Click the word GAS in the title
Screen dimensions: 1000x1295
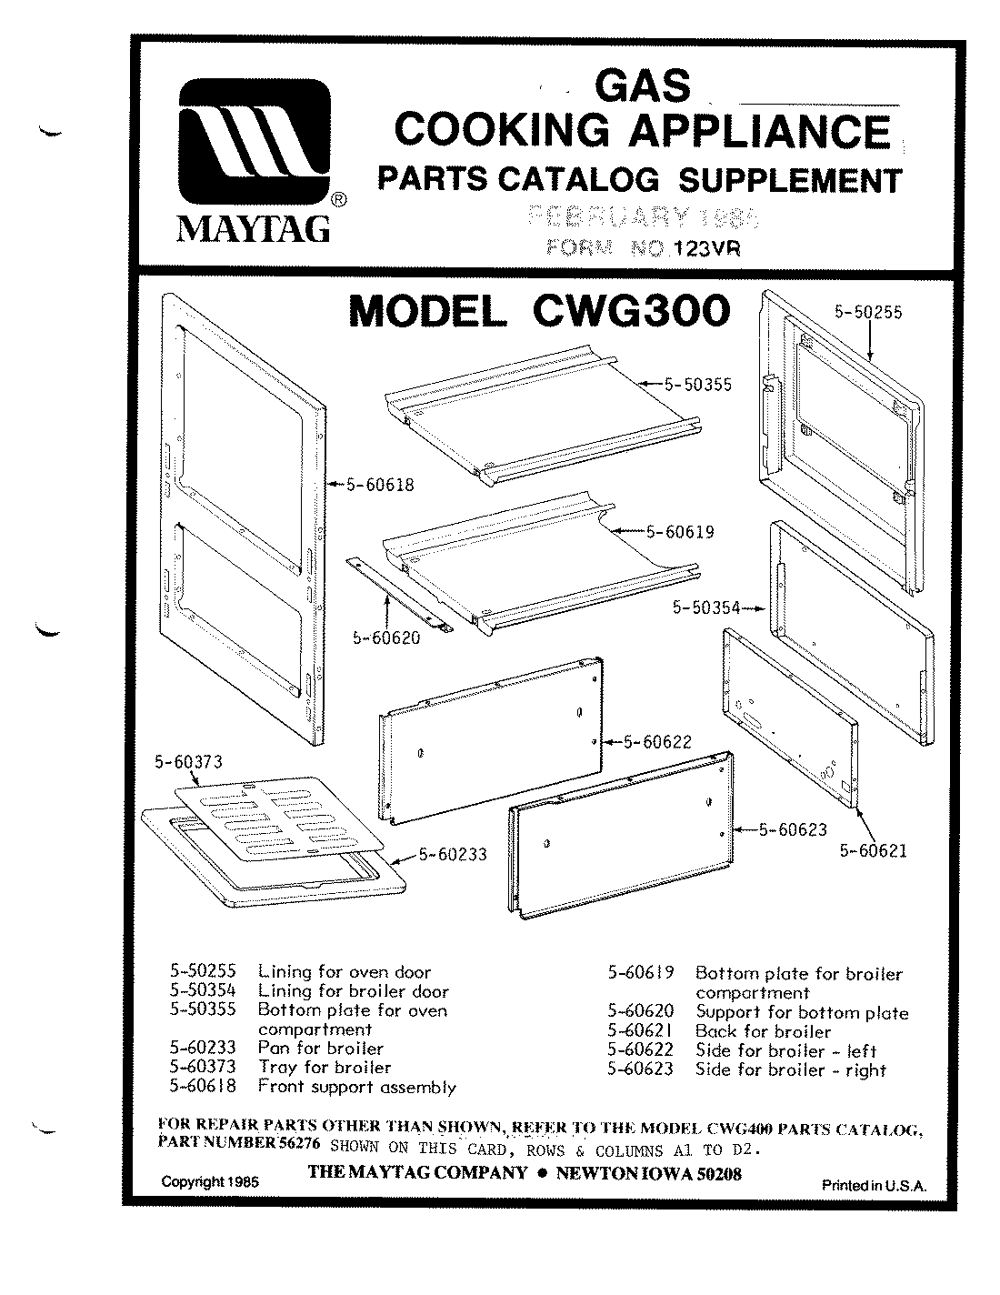click(x=641, y=85)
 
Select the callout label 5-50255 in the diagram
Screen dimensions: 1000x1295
click(x=868, y=311)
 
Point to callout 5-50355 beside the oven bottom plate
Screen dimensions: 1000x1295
click(x=697, y=385)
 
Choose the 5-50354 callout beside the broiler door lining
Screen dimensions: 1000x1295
click(x=705, y=607)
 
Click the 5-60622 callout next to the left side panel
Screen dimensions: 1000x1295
click(x=657, y=742)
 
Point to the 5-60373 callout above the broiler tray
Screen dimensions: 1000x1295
click(x=189, y=762)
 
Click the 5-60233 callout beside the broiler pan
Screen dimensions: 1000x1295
click(x=453, y=854)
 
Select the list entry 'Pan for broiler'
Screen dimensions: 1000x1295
click(x=321, y=1048)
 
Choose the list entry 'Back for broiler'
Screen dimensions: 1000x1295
click(x=763, y=1031)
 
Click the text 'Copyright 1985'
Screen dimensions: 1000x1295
click(x=210, y=1182)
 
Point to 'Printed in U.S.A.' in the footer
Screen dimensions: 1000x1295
click(x=874, y=1185)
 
